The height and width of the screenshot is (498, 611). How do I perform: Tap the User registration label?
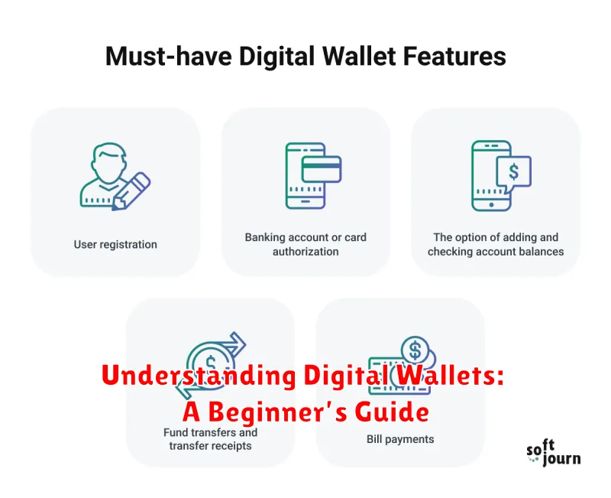pos(115,245)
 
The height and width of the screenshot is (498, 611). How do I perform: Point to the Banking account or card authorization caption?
pos(305,244)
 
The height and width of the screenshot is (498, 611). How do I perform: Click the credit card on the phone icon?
pos(321,169)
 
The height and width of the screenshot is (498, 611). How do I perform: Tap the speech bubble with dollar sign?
pos(513,172)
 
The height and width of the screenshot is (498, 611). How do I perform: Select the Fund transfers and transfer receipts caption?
pos(210,438)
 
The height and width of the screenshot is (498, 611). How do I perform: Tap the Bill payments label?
pos(400,439)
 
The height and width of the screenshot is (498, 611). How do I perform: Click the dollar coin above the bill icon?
pos(415,350)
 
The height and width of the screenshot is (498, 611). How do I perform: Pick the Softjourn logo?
pos(553,453)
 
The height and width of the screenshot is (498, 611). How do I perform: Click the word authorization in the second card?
pos(305,252)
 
